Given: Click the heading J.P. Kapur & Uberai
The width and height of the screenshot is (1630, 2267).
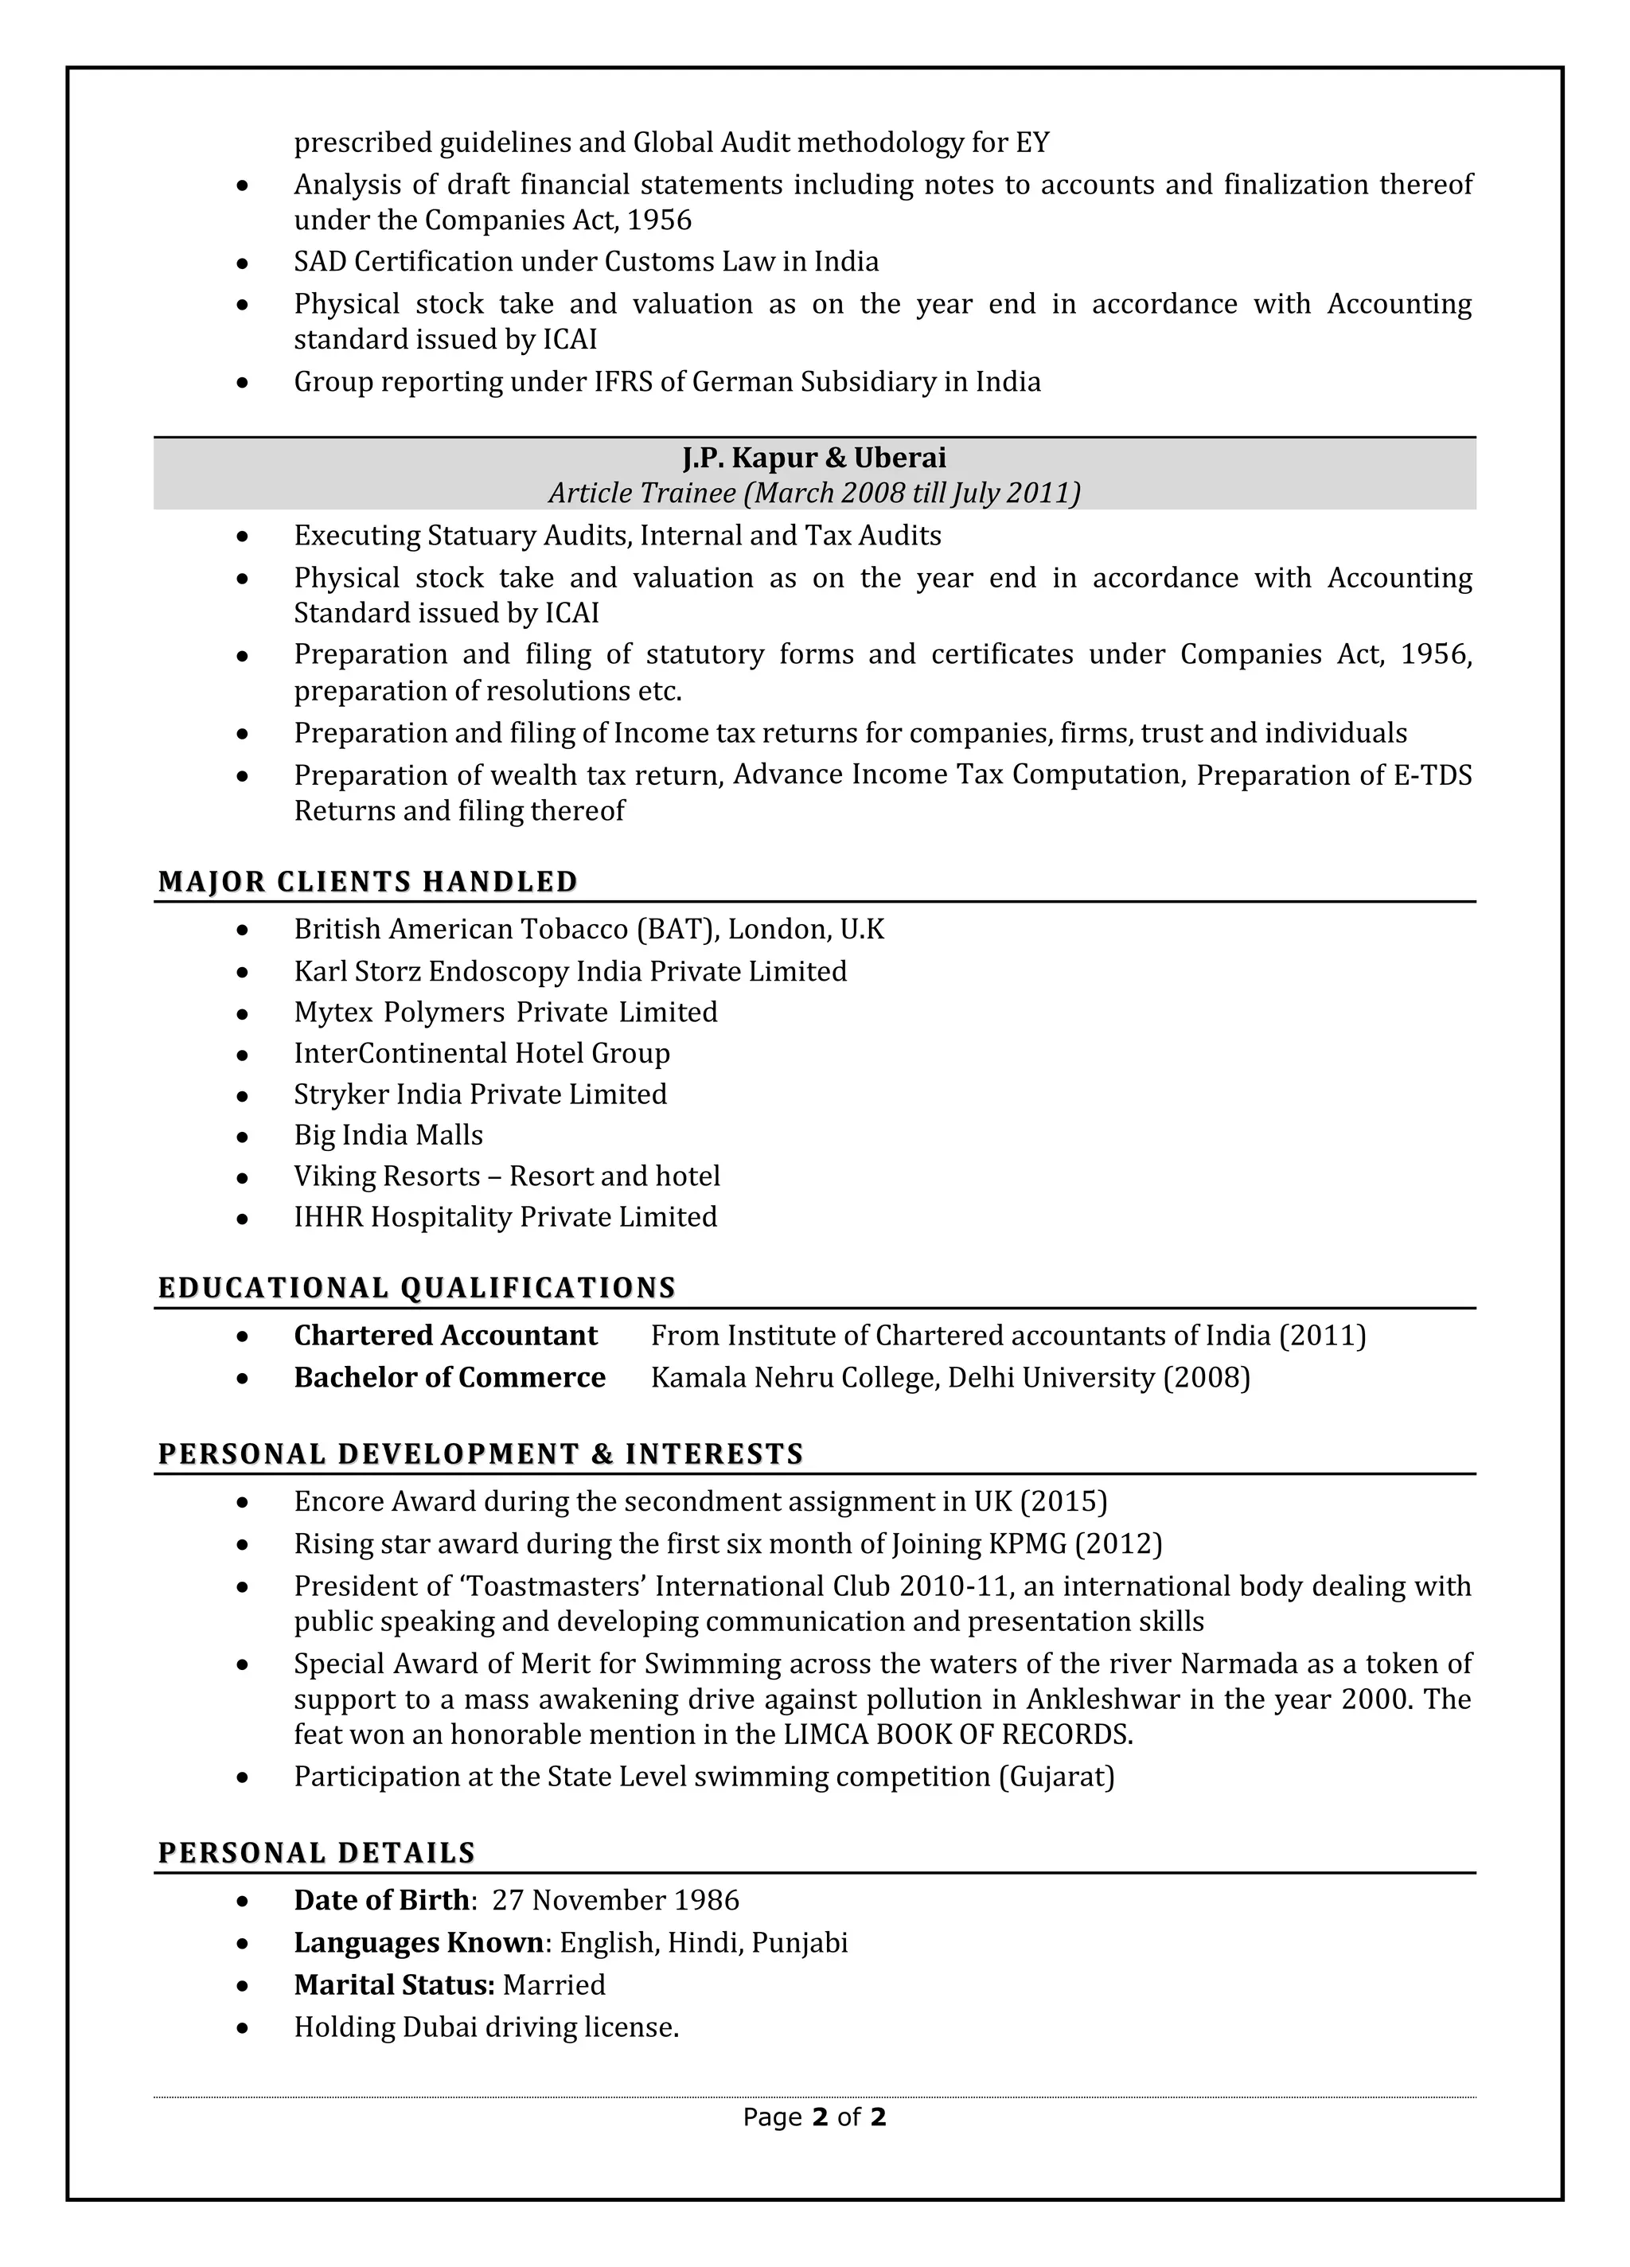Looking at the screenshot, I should (813, 458).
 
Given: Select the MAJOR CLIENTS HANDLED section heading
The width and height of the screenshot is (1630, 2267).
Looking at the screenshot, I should (368, 882).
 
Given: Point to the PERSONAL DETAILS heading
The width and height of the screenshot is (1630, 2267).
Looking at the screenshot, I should (316, 1853).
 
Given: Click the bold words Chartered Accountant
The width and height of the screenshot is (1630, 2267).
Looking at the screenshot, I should (445, 1336).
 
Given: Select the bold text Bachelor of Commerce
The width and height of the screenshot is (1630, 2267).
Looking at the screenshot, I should (449, 1377).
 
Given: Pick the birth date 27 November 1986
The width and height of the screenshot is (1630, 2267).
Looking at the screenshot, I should (614, 1900).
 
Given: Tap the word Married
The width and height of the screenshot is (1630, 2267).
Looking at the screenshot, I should (554, 1984).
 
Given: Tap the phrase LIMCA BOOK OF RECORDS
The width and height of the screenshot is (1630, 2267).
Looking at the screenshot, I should (957, 1734).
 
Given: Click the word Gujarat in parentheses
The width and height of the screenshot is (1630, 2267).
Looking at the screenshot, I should (1055, 1776).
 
